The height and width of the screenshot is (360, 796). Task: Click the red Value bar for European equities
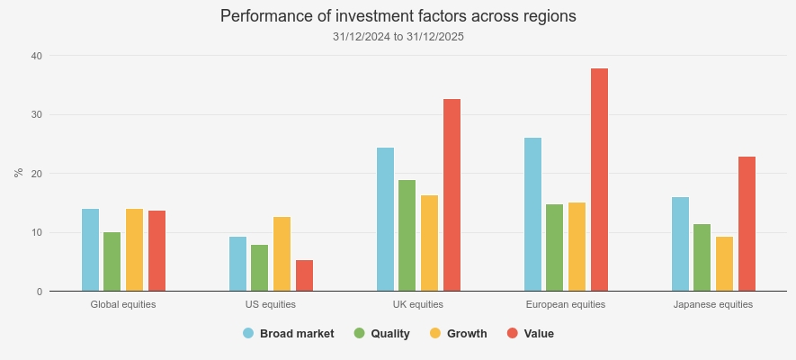(x=599, y=180)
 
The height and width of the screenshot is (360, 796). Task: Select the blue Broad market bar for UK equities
(x=385, y=220)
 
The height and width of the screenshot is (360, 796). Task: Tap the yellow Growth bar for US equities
(x=282, y=254)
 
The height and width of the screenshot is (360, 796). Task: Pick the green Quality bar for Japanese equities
(x=702, y=257)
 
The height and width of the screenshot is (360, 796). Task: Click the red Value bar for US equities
(x=304, y=275)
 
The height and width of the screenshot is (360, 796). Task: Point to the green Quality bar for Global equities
(x=112, y=262)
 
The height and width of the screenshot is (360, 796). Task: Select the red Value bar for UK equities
(x=452, y=195)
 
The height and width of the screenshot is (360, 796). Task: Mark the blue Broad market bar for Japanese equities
(x=680, y=244)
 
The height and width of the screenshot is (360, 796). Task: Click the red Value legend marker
(x=513, y=334)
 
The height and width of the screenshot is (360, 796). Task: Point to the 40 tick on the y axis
(x=37, y=56)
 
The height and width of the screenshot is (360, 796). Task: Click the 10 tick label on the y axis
(x=37, y=233)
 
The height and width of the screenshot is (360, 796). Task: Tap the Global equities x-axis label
(x=123, y=304)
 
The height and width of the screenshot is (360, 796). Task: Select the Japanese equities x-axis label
(x=713, y=304)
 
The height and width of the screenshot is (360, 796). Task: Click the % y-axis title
(x=18, y=173)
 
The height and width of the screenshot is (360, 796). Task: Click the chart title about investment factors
(x=398, y=16)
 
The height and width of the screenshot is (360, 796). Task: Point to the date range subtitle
(x=398, y=37)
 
